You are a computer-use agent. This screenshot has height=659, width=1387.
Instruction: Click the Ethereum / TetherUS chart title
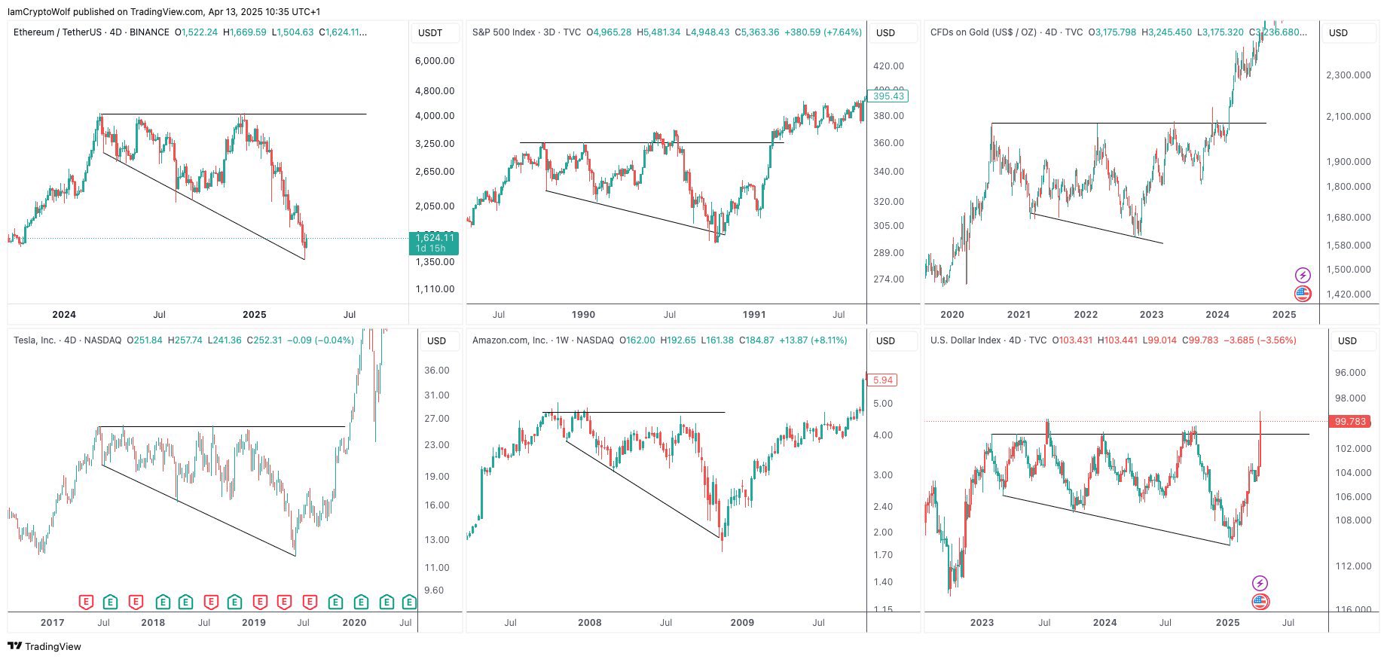(90, 32)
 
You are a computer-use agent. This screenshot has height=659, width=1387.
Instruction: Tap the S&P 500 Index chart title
(526, 32)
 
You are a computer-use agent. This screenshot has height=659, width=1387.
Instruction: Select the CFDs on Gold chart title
(1006, 32)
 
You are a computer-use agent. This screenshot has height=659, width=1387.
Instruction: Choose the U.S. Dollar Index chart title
(988, 340)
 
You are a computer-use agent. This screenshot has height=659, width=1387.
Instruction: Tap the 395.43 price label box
(887, 96)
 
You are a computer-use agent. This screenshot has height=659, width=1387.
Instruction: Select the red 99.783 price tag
(1350, 422)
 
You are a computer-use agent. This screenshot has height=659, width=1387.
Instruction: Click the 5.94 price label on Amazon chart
(882, 380)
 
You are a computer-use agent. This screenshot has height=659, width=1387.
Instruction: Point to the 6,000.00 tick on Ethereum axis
(435, 61)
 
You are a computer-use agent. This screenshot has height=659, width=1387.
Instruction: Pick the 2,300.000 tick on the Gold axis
(1348, 75)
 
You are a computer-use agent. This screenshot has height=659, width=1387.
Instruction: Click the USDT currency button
(430, 33)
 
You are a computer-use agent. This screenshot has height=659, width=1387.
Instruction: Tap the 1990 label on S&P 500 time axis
(583, 315)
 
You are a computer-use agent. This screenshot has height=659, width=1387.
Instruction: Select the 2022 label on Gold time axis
(1085, 315)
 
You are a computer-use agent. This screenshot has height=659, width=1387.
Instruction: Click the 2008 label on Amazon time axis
(589, 623)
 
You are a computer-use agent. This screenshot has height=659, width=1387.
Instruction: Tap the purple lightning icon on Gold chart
(1302, 275)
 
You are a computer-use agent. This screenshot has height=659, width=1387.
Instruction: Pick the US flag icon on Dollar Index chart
(1260, 602)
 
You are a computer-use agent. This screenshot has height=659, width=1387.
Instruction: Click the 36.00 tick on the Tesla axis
(437, 371)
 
